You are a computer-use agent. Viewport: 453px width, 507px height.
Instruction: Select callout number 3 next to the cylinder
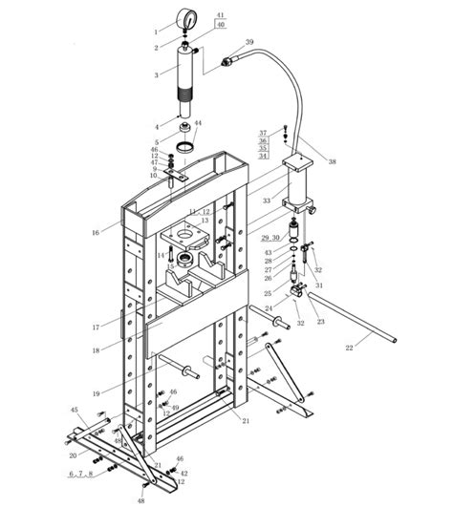click(156, 74)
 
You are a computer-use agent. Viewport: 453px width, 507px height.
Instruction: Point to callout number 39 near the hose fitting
click(249, 43)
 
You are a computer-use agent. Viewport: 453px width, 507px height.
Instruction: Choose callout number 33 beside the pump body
click(267, 201)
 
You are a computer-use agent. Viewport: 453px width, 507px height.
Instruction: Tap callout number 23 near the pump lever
click(319, 322)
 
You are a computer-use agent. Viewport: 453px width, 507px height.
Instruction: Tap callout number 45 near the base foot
click(74, 410)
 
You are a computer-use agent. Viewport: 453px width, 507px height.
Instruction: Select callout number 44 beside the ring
click(198, 124)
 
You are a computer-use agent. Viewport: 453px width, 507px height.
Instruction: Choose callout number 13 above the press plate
click(204, 221)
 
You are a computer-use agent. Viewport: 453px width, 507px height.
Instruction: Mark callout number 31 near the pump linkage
click(319, 285)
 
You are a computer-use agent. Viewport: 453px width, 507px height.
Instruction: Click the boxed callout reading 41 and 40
click(221, 21)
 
